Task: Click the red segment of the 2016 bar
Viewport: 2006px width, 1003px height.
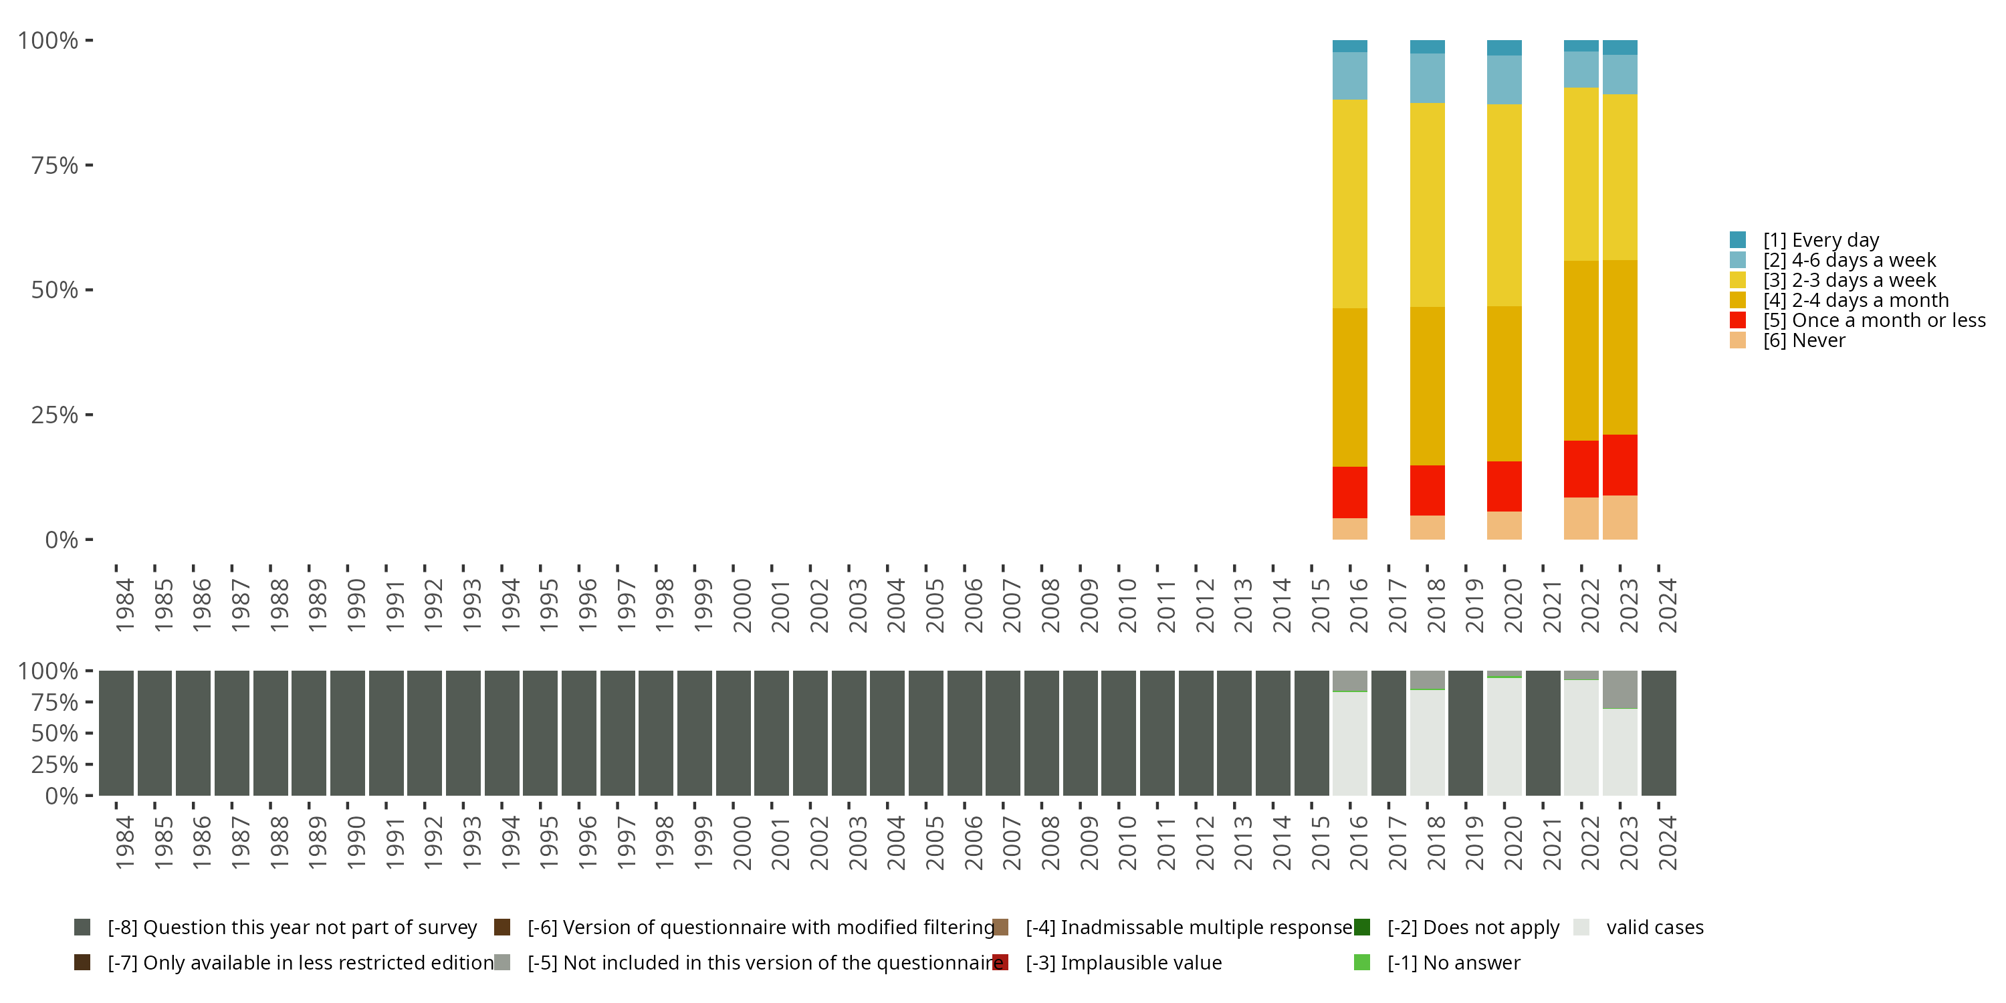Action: click(x=1349, y=492)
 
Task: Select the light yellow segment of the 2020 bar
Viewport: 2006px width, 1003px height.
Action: click(x=1504, y=205)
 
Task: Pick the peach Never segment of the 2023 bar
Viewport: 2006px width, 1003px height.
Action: click(x=1620, y=517)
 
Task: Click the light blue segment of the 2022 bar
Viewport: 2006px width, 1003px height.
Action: click(x=1581, y=70)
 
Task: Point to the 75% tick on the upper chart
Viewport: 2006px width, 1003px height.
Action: click(x=89, y=165)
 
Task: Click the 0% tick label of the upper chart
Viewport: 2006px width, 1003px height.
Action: click(x=62, y=540)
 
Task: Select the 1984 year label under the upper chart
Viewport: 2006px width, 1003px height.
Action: click(x=124, y=605)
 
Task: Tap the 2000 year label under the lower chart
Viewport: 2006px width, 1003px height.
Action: click(x=742, y=843)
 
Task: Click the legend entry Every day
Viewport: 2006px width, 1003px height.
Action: click(x=1821, y=240)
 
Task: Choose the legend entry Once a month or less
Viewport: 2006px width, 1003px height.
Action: click(x=1874, y=320)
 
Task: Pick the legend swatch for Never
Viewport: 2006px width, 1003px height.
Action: click(x=1737, y=340)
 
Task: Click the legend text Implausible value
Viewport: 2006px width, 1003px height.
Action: click(x=1123, y=962)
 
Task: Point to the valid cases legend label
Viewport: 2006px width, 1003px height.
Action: click(x=1654, y=927)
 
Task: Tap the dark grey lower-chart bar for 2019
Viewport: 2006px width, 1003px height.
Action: click(x=1465, y=733)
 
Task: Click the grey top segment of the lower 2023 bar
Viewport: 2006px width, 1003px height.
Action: click(x=1620, y=689)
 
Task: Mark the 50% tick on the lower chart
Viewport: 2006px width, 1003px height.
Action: click(x=89, y=733)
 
